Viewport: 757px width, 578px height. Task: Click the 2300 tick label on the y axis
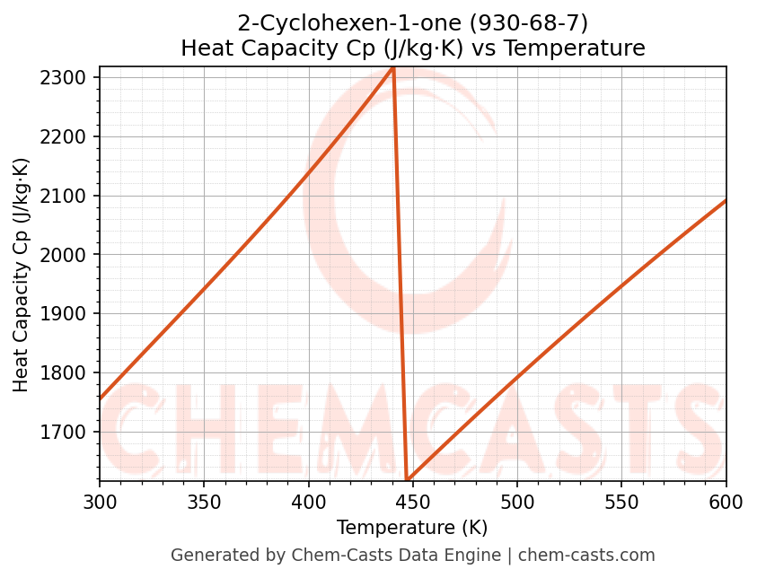[x=67, y=78]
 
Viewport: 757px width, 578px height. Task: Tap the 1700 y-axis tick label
[x=67, y=433]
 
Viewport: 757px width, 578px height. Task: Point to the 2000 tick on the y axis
[x=67, y=255]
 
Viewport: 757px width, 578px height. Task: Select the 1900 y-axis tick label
[x=67, y=314]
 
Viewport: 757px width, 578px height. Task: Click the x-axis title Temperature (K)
[x=412, y=528]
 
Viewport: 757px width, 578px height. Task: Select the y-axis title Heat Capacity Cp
[x=22, y=274]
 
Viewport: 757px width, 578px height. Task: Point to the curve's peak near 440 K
[x=393, y=67]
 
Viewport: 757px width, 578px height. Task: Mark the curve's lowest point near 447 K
[x=408, y=479]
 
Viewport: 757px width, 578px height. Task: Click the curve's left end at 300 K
[x=100, y=398]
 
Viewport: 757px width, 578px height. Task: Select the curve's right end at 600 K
[x=726, y=200]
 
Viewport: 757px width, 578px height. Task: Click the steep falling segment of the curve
[x=401, y=269]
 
